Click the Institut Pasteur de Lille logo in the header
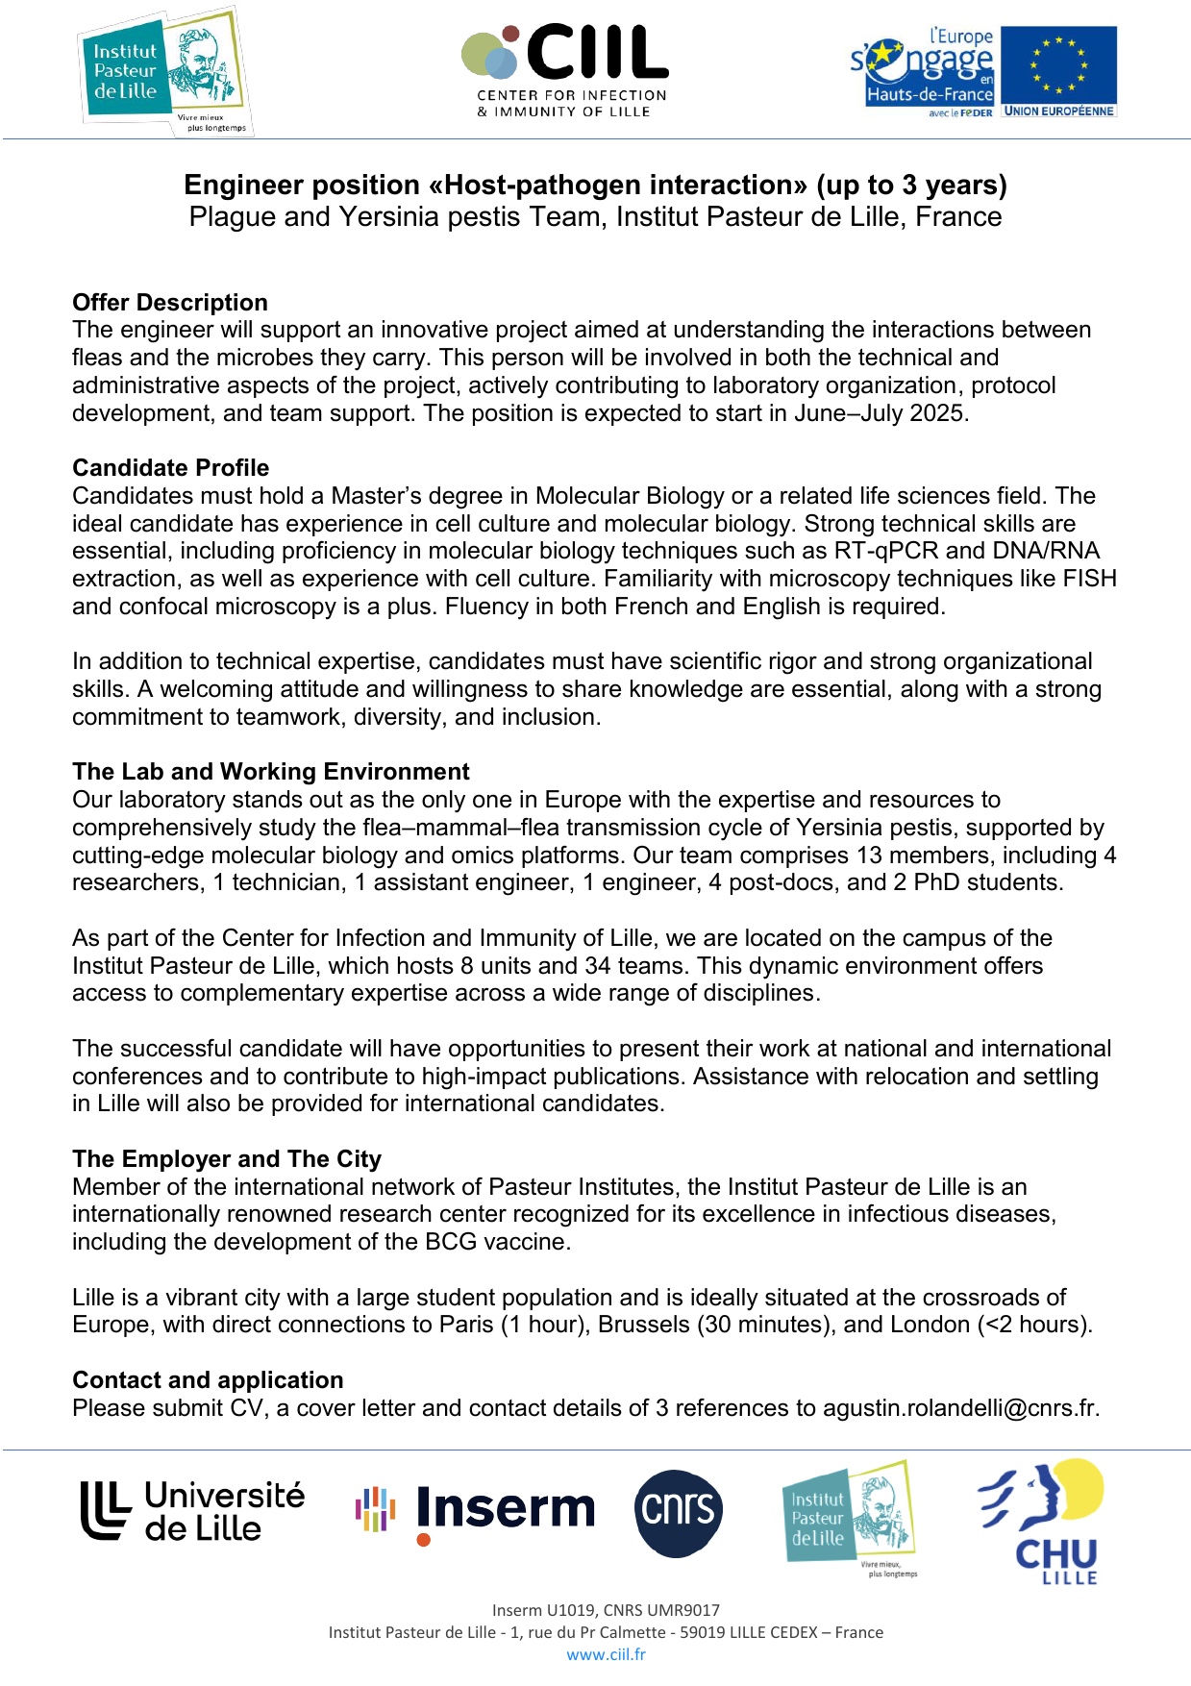tap(164, 72)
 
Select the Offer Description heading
tap(170, 303)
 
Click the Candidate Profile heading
tap(171, 468)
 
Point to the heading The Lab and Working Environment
tap(271, 772)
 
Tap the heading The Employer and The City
tap(227, 1159)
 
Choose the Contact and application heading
tap(208, 1380)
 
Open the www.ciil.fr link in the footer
tap(606, 1654)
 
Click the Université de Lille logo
tap(193, 1510)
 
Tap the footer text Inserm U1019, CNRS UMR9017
tap(606, 1610)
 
